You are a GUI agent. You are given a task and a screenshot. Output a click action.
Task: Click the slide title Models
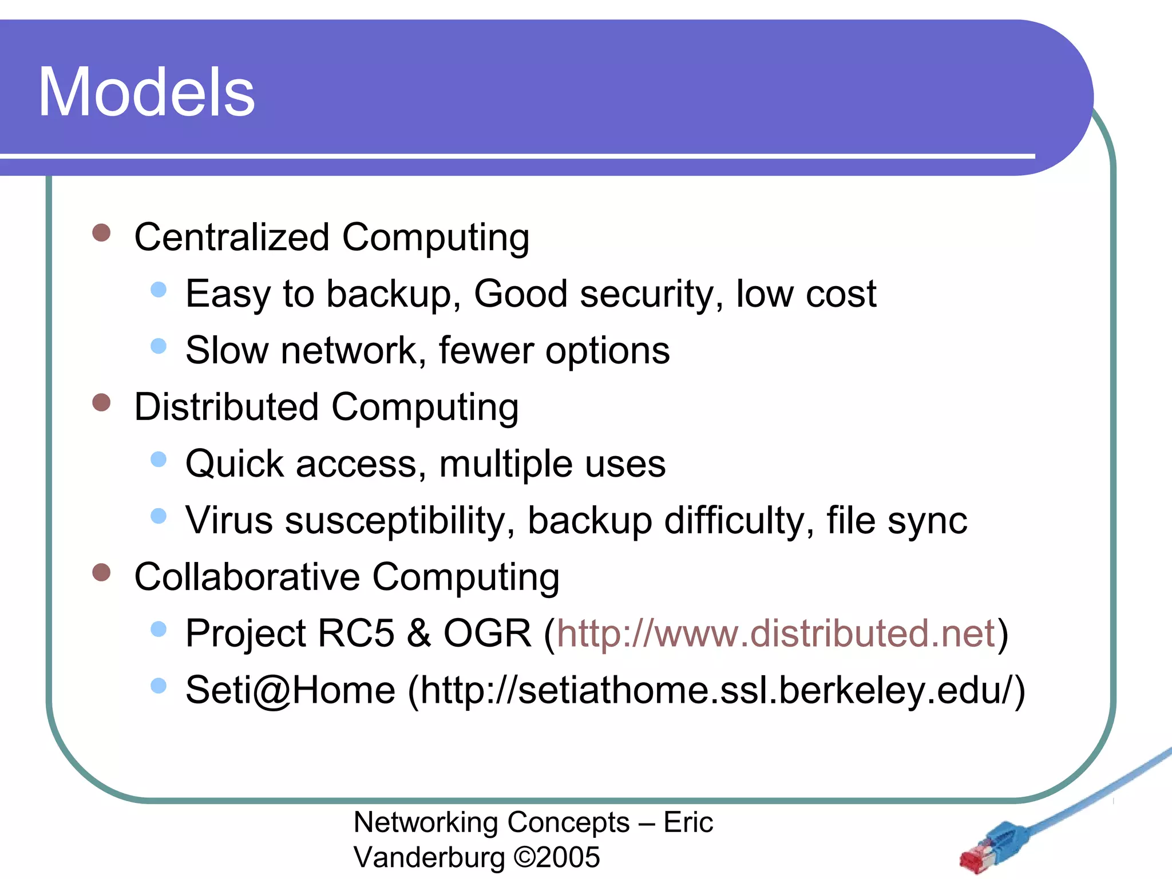point(146,93)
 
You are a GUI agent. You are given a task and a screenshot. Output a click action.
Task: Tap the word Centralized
point(232,237)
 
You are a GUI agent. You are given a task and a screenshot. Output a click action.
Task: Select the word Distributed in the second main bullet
point(226,407)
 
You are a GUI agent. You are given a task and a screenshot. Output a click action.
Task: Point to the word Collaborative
point(247,577)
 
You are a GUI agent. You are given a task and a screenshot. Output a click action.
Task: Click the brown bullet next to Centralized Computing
point(101,233)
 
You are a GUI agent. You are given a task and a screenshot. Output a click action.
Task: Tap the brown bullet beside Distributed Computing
point(101,402)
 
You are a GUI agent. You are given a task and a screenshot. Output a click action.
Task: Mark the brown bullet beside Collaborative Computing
point(101,572)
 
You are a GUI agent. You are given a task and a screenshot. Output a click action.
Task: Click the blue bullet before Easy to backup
point(159,290)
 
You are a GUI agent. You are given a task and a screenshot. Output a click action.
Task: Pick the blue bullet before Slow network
point(159,346)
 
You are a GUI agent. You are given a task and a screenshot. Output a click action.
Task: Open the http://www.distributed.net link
point(776,633)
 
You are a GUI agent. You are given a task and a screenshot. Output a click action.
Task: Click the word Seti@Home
point(290,690)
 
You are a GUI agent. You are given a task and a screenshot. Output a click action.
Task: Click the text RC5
point(355,633)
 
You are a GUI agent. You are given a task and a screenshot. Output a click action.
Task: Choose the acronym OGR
point(487,633)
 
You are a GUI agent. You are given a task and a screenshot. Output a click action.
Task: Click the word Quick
point(235,464)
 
